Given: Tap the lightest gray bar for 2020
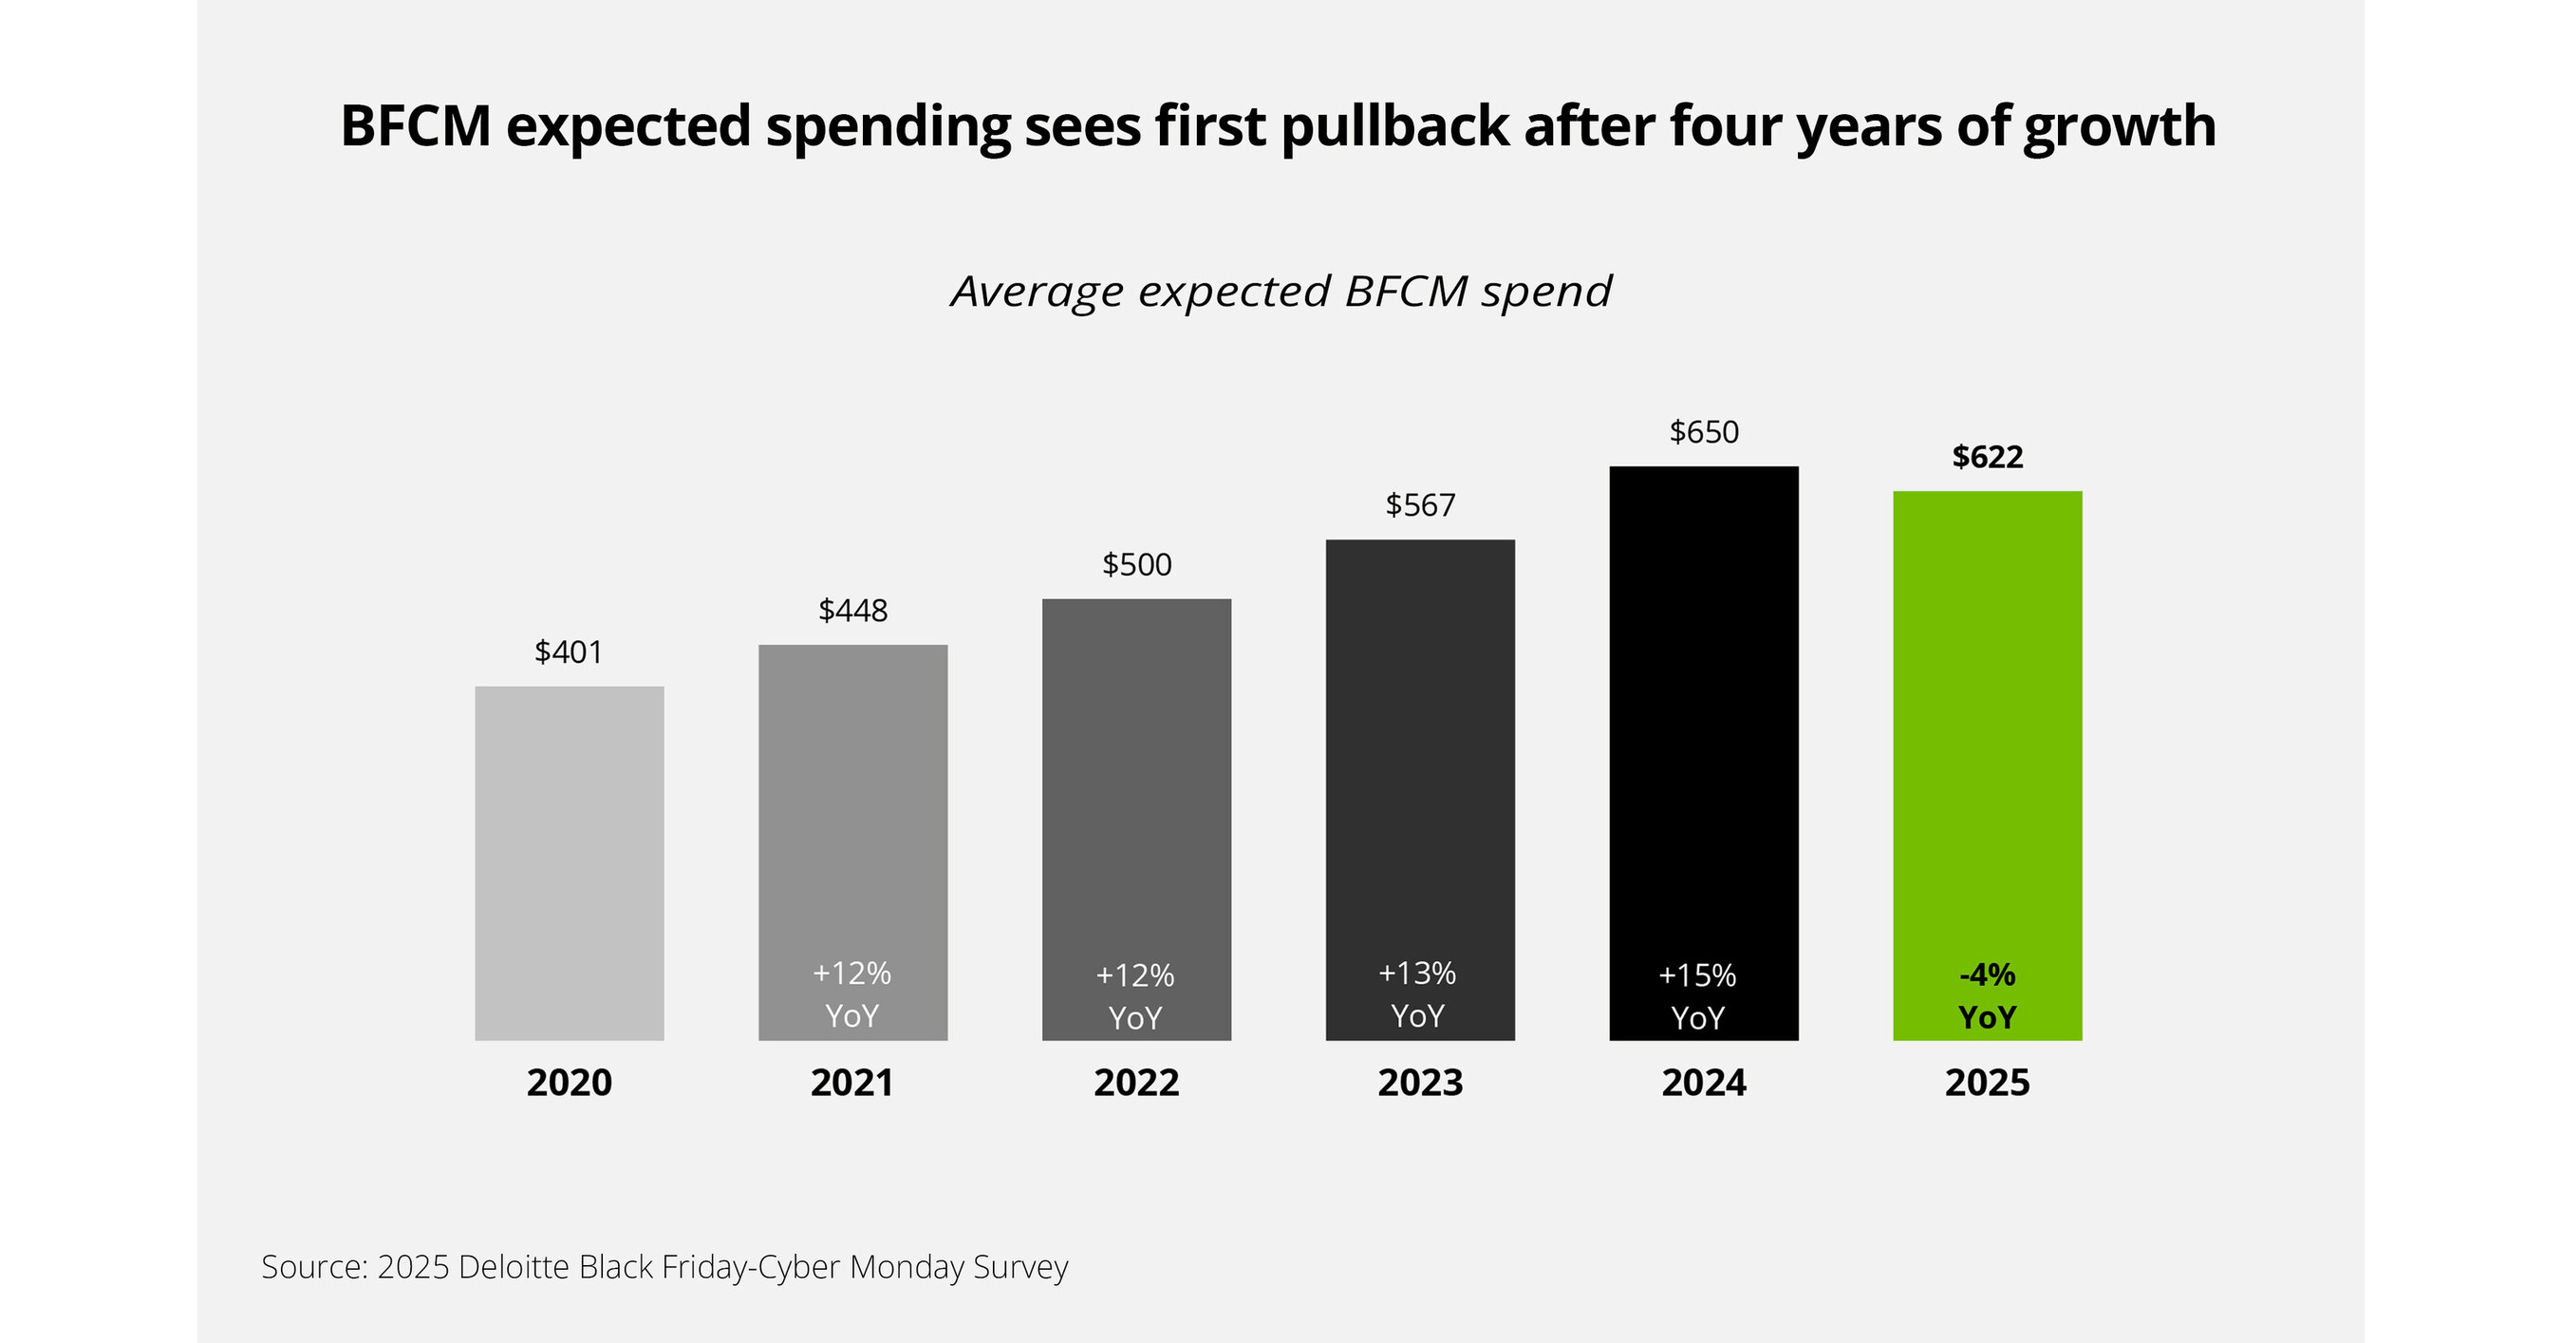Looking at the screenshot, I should pos(569,862).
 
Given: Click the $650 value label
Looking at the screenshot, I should pos(1704,432).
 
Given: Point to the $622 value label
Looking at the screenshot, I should pos(1987,457).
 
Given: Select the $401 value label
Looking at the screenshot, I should pos(569,652).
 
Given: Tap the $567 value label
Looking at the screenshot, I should pos(1420,505).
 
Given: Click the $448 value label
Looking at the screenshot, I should pos(852,610).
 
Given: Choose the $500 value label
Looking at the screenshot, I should pos(1137,565).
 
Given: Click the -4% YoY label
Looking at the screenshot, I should pos(1987,995).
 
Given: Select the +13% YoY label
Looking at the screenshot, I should pos(1417,994).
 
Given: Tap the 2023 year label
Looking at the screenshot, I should pos(1420,1083).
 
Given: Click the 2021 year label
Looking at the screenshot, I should pos(852,1083).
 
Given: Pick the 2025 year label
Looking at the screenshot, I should pos(1987,1083).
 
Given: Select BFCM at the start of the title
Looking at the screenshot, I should pos(416,126).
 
